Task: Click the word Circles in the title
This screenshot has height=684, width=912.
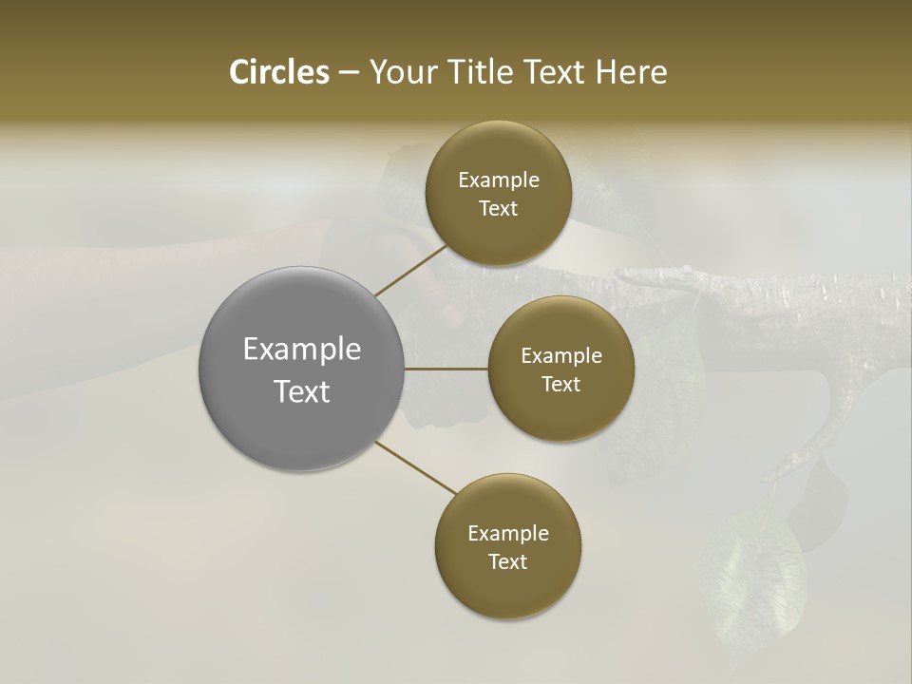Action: click(x=278, y=72)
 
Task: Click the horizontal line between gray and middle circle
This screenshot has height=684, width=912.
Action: click(x=446, y=369)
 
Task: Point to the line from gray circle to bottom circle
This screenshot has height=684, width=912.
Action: click(x=415, y=466)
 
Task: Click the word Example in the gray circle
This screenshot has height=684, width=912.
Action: click(x=302, y=350)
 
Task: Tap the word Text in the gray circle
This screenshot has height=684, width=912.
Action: click(x=302, y=391)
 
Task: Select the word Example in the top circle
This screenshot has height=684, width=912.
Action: click(x=499, y=180)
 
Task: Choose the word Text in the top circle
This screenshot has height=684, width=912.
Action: click(x=498, y=209)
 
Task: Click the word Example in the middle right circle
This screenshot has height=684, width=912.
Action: click(x=561, y=356)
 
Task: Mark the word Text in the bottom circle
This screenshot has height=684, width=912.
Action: click(x=507, y=562)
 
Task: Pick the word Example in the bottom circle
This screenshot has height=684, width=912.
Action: click(x=508, y=534)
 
